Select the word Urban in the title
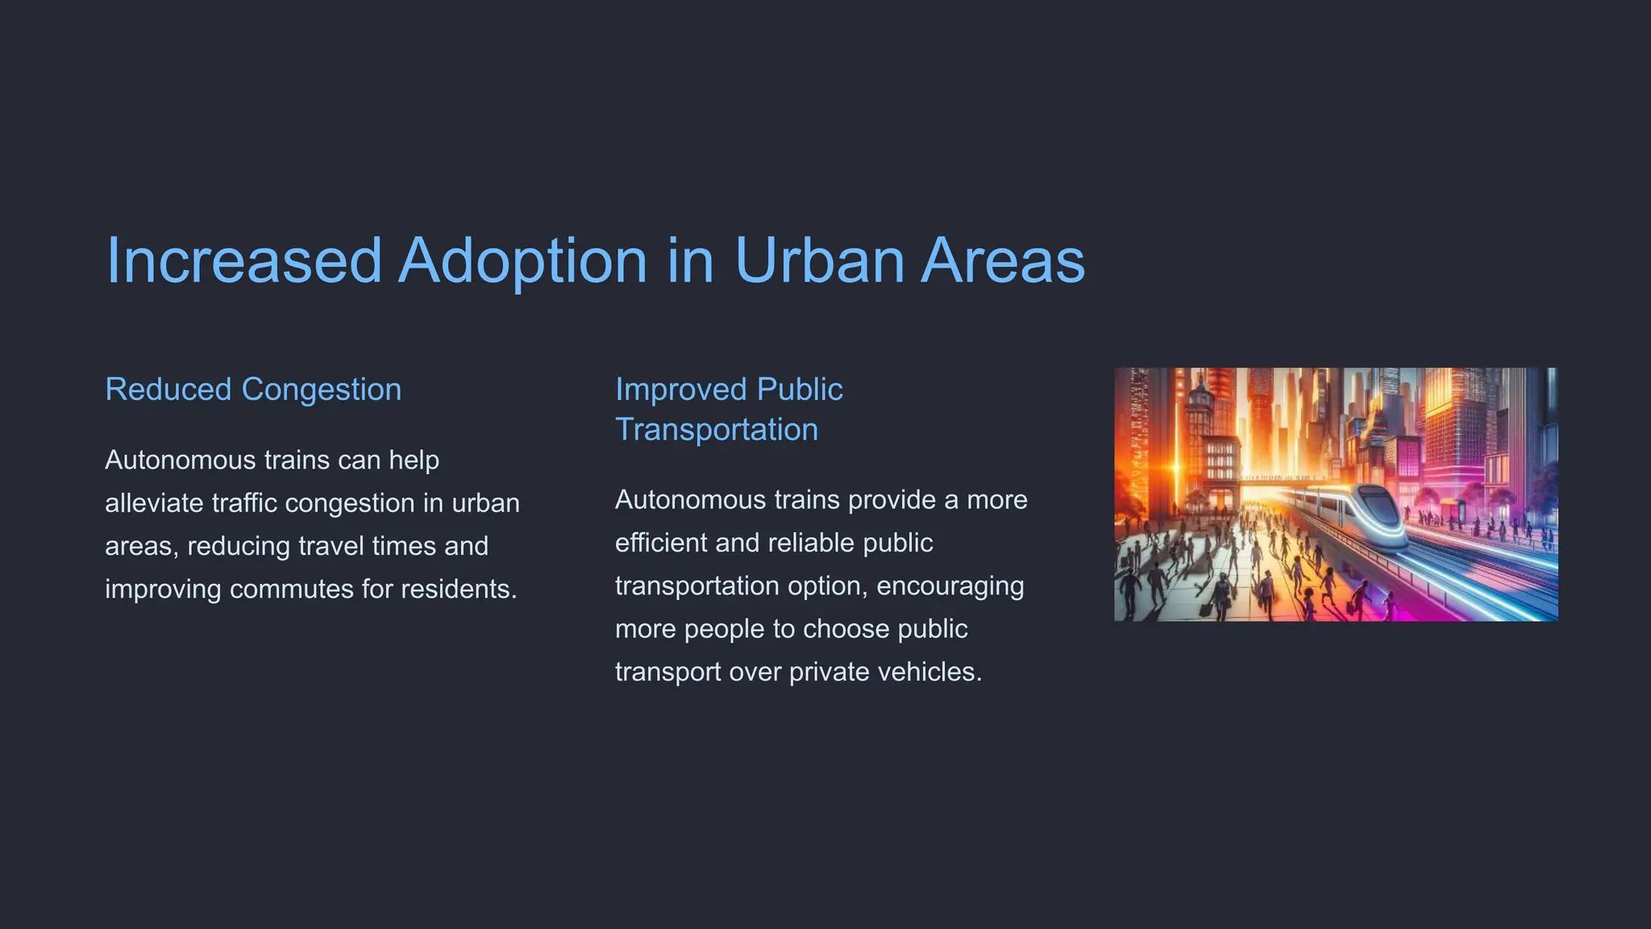(820, 260)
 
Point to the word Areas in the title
(1003, 260)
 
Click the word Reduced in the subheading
(168, 390)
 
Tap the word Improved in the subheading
(681, 390)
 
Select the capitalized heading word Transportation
(717, 430)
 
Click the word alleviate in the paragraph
(154, 503)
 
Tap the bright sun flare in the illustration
(1175, 468)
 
